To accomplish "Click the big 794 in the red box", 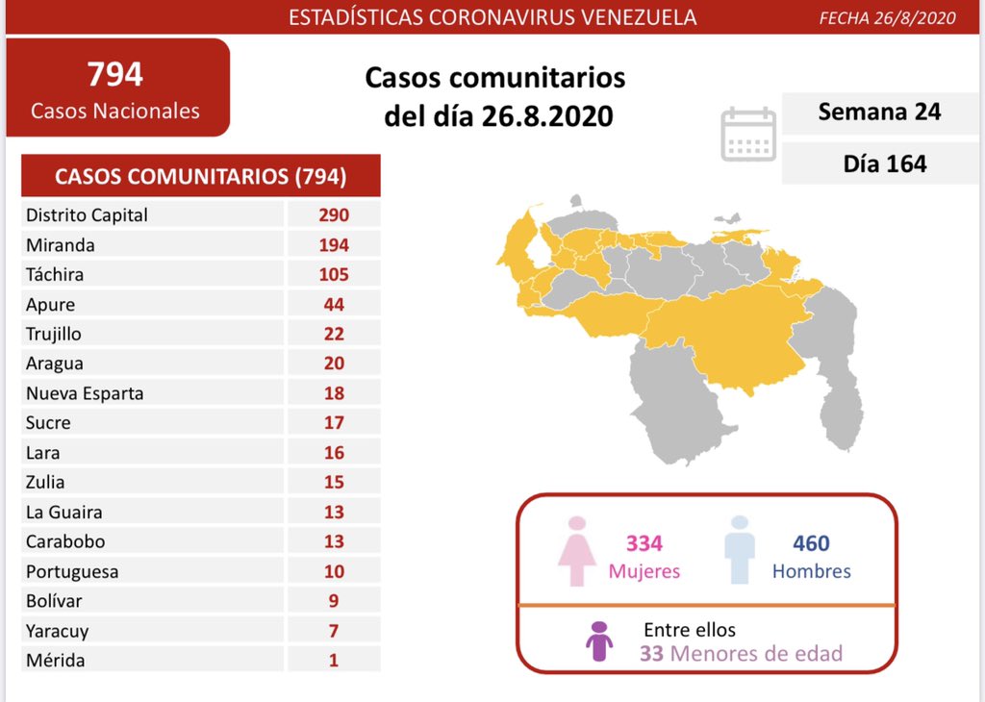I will [x=114, y=74].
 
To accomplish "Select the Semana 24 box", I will [x=878, y=113].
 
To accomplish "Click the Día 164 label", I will [x=884, y=163].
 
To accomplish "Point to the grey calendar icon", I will [x=748, y=134].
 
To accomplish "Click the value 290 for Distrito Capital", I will [x=334, y=215].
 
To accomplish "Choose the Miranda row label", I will [x=61, y=245].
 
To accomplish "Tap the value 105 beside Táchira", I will [x=334, y=275].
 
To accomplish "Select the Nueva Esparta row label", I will [x=85, y=393].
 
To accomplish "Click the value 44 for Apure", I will [x=334, y=305].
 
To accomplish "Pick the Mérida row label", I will [x=56, y=661].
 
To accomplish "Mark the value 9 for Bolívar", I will [x=334, y=601].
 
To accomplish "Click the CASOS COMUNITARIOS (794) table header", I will [x=201, y=177].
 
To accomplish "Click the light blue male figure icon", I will [x=739, y=550].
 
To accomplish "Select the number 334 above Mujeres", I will [x=644, y=543].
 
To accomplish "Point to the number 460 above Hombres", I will [x=811, y=543].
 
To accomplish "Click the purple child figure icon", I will [x=600, y=641].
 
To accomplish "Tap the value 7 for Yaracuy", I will [x=334, y=631].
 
